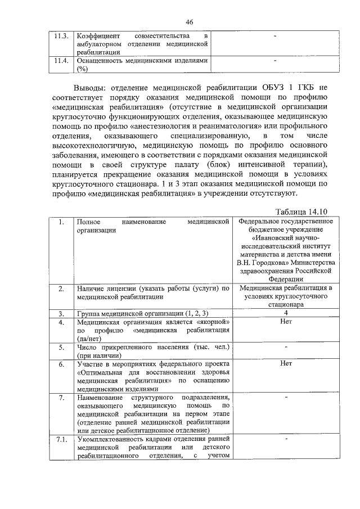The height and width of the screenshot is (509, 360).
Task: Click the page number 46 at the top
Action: click(189, 21)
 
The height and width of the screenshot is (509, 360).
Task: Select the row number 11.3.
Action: click(61, 36)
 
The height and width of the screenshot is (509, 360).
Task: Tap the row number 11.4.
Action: click(61, 60)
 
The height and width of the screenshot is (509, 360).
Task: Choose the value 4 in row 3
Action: click(285, 312)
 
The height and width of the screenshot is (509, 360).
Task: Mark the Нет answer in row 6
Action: click(285, 363)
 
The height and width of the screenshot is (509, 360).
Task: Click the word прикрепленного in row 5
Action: click(124, 347)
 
